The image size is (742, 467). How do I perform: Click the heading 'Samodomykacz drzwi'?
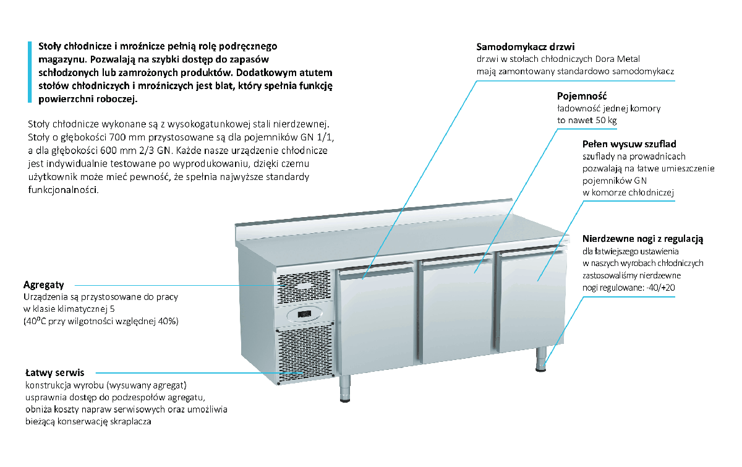coord(526,47)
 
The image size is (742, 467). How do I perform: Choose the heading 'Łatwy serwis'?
coord(54,373)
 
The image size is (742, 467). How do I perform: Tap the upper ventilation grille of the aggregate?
coord(304,287)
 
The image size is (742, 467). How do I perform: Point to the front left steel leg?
coord(344,389)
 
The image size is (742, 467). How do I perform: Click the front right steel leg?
coord(542,359)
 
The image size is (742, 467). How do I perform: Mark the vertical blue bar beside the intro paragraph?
coord(28,71)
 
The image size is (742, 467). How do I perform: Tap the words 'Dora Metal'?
coord(616,59)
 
